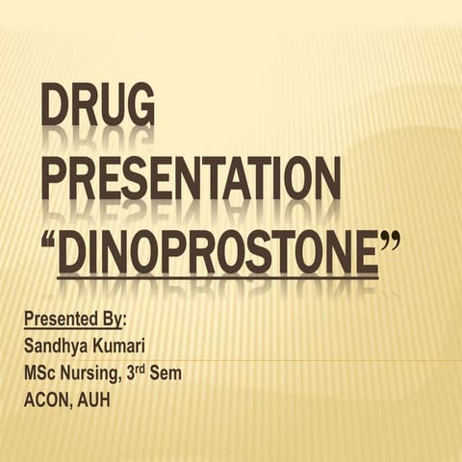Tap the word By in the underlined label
(111, 319)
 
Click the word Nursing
(97, 373)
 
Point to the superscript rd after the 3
(157, 367)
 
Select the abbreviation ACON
(46, 399)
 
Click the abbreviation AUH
(94, 399)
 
